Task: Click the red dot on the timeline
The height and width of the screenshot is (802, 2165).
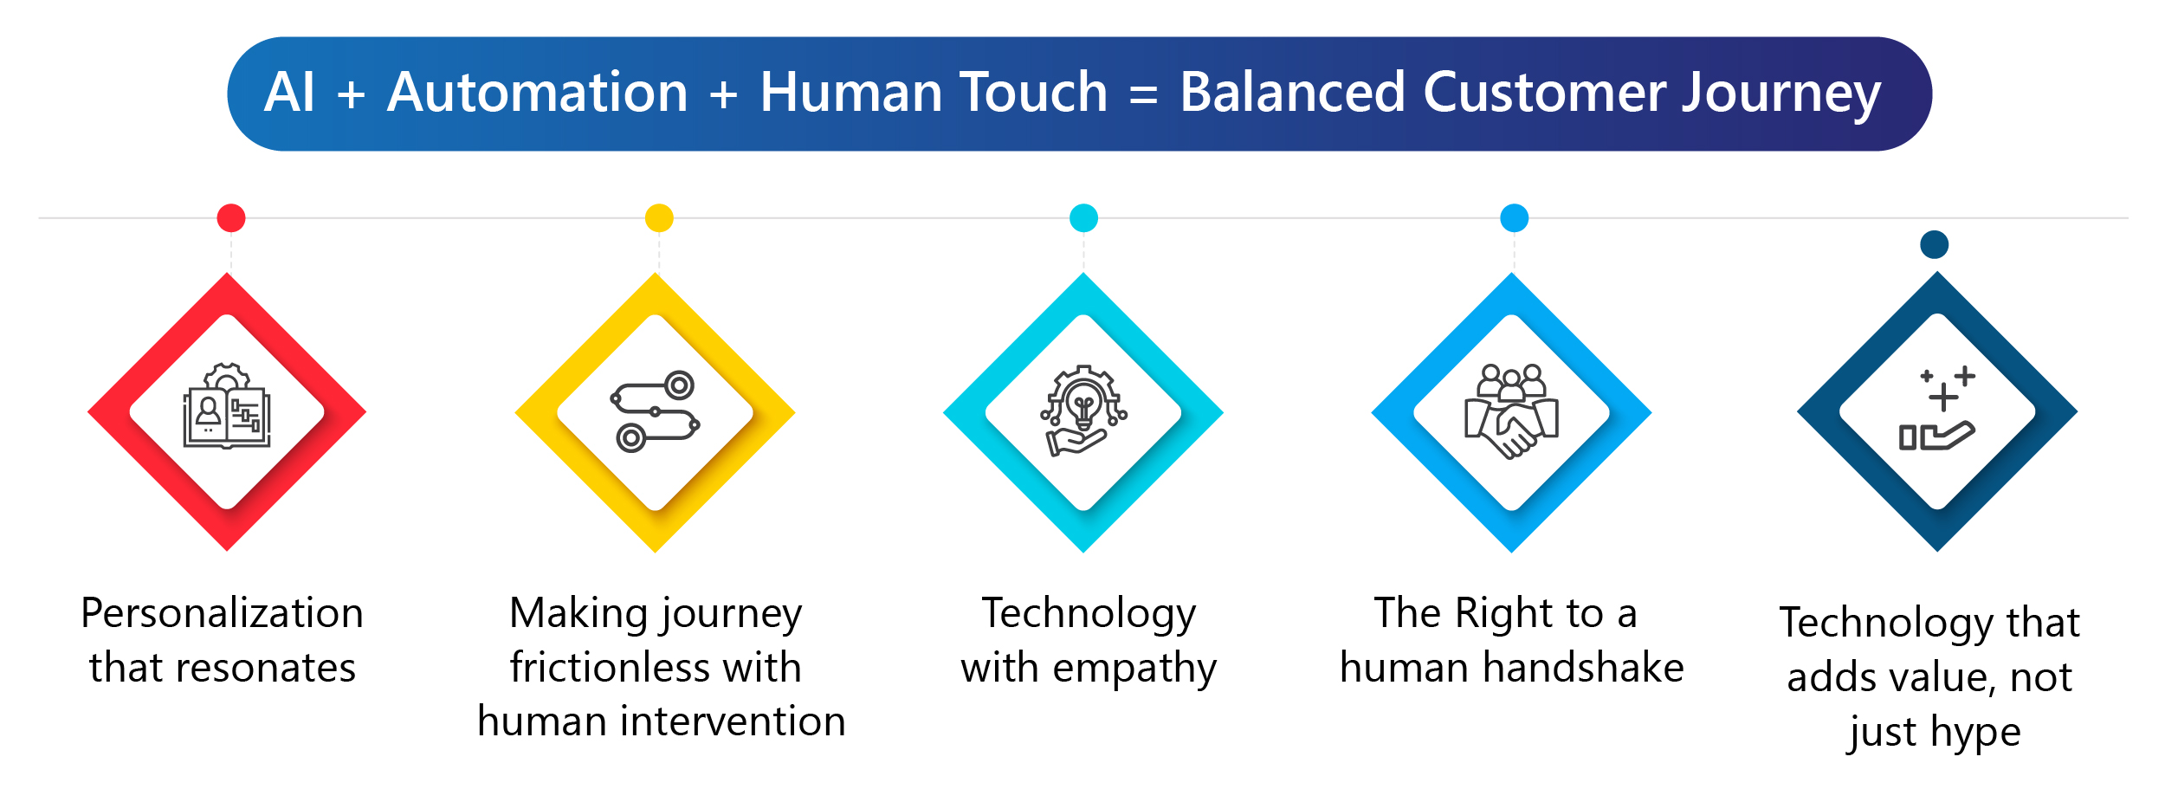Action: (231, 218)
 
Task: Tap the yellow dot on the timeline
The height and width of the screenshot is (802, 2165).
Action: (659, 218)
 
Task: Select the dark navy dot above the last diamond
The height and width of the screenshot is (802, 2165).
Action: (1935, 244)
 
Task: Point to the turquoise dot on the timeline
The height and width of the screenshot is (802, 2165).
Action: (1083, 218)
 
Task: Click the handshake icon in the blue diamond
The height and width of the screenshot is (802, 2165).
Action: (1511, 411)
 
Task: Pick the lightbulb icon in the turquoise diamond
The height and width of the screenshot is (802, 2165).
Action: (1083, 411)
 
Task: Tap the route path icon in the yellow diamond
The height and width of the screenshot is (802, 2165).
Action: (656, 411)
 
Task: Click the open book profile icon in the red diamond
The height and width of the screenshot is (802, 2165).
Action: (227, 405)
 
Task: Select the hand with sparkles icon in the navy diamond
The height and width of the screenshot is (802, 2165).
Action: (1937, 409)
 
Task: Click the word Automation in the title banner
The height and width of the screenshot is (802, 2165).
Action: (537, 92)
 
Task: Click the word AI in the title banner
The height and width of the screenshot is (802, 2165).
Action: (289, 92)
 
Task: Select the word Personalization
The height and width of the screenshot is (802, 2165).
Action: (223, 613)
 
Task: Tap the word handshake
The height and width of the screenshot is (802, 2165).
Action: (1583, 667)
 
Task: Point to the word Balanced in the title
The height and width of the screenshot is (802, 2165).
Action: (1292, 92)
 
